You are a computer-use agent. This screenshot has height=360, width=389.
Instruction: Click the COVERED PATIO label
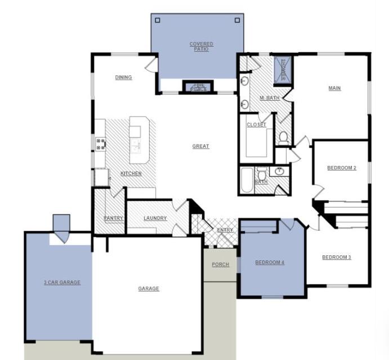click(201, 46)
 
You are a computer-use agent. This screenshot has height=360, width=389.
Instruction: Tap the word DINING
click(123, 78)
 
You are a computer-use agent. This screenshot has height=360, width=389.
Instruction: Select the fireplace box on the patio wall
click(199, 87)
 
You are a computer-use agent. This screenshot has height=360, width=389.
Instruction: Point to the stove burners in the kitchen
click(101, 144)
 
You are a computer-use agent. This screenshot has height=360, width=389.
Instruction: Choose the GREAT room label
click(200, 146)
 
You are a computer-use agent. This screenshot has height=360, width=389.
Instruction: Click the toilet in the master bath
click(283, 137)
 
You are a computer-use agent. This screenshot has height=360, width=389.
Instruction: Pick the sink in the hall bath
click(279, 172)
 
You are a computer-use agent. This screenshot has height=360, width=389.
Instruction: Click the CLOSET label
click(256, 125)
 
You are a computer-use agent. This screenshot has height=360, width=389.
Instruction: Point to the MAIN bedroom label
click(334, 88)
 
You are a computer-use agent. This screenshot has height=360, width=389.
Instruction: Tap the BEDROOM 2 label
click(342, 168)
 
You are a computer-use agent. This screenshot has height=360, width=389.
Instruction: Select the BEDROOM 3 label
click(336, 258)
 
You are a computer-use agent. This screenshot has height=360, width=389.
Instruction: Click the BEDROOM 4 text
click(270, 262)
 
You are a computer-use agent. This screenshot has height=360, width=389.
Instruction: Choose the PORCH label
click(220, 264)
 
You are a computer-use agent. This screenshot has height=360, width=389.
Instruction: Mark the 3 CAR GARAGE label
click(62, 282)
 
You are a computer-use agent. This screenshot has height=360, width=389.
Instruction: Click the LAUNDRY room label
click(155, 218)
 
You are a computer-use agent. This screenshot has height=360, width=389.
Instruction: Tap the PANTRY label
click(113, 218)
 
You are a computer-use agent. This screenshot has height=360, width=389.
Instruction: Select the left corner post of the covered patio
click(158, 20)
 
